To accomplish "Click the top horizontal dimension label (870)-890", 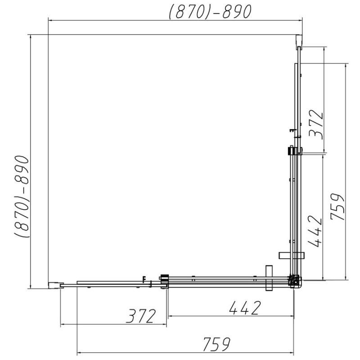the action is click(210, 12).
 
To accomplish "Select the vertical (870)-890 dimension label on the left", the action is click(22, 197).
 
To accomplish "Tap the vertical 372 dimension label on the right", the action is click(316, 125).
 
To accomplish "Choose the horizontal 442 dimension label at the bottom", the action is click(245, 308).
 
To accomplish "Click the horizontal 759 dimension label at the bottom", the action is click(216, 344).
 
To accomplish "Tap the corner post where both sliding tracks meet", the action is click(295, 282).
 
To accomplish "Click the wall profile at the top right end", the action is click(299, 41).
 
